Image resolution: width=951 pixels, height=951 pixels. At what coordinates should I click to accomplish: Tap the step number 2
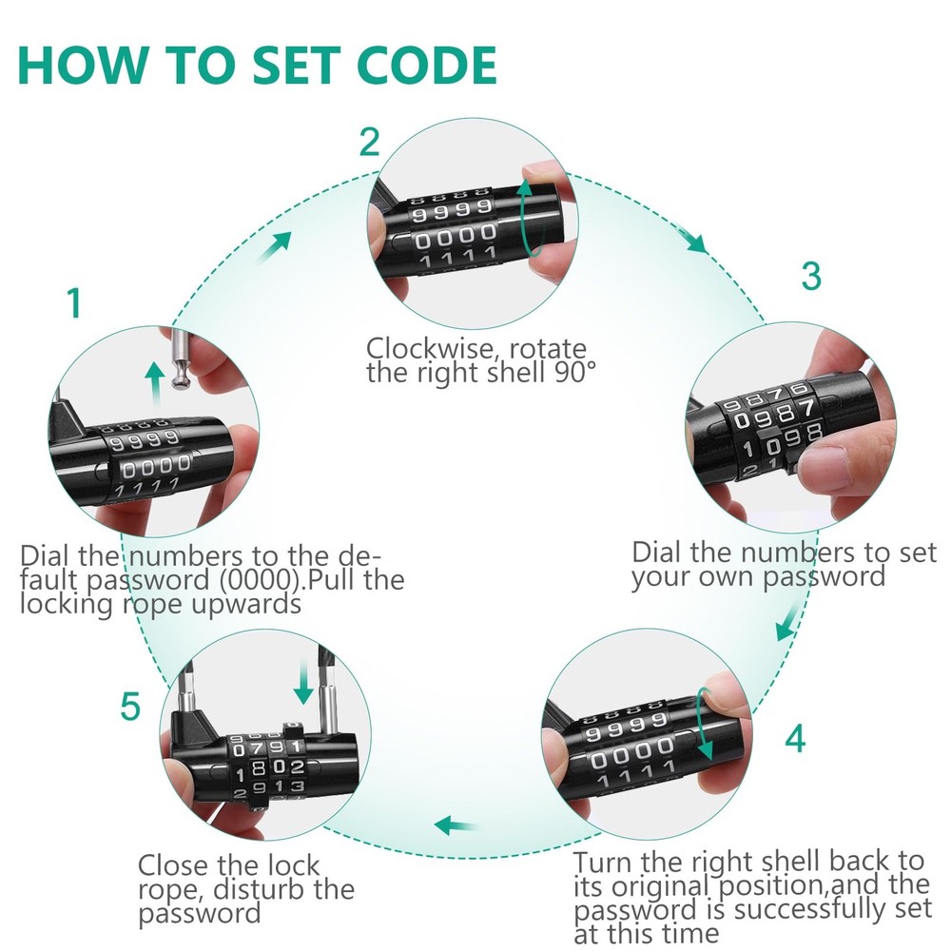tap(369, 143)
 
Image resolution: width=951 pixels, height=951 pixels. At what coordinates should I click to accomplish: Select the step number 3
tap(810, 276)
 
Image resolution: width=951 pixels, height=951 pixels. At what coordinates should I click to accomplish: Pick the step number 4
tap(796, 738)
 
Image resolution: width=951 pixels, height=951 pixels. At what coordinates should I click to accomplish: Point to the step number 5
tap(130, 707)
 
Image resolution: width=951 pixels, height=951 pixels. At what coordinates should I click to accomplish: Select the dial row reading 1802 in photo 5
tap(270, 767)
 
